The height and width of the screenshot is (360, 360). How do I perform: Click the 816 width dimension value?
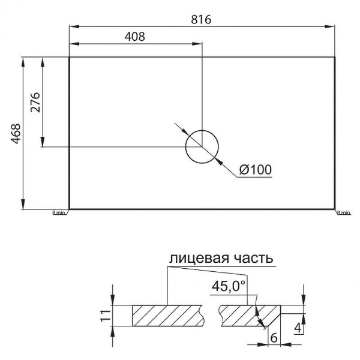(x=202, y=18)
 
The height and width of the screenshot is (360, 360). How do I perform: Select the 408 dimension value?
(x=134, y=36)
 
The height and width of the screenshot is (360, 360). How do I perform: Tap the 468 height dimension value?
(x=16, y=134)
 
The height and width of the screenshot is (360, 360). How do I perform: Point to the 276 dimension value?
(x=35, y=103)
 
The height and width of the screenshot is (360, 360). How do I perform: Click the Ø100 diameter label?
(x=255, y=170)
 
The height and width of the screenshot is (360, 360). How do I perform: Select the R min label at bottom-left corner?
(x=59, y=212)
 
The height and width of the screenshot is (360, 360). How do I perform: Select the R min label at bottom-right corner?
(x=343, y=212)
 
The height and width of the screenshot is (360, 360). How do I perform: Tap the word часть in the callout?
(x=251, y=258)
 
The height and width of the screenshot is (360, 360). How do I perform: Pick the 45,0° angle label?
(x=229, y=286)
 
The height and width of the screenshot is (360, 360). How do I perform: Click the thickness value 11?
(x=104, y=316)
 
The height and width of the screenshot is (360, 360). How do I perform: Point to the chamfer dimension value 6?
(x=274, y=338)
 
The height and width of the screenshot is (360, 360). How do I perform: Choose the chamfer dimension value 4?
(x=298, y=328)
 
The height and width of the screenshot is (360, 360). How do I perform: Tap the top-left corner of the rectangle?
(x=70, y=57)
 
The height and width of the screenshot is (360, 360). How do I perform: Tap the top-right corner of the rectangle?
(x=334, y=57)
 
